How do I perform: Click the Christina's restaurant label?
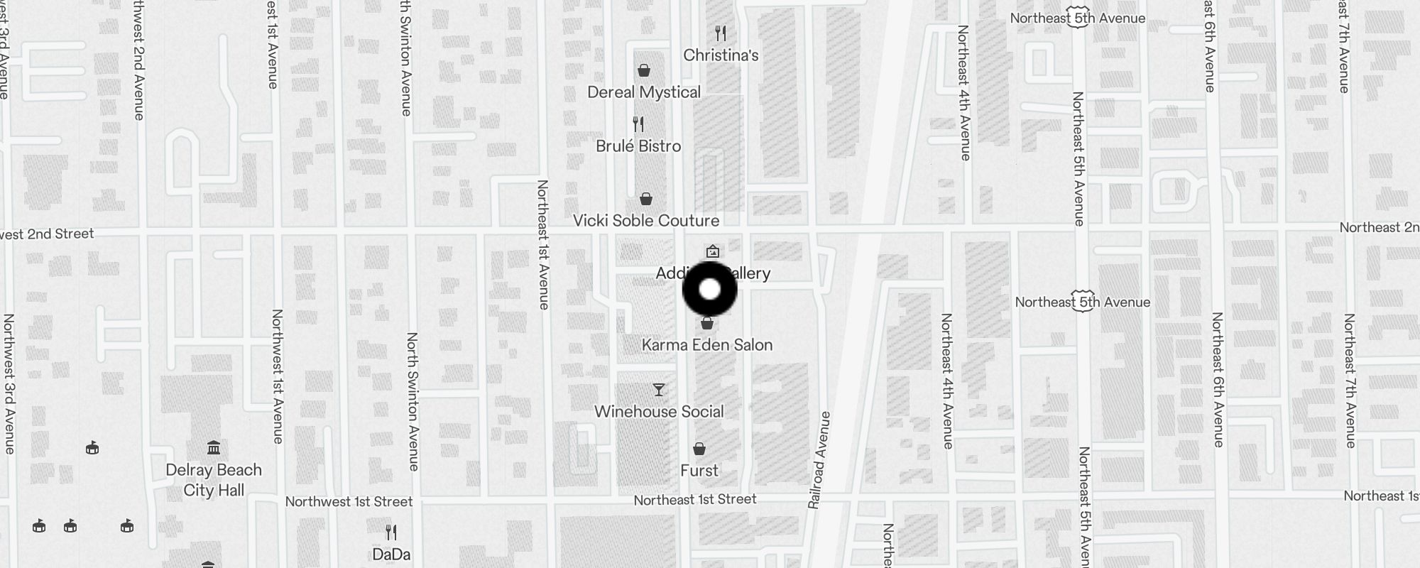pos(721,55)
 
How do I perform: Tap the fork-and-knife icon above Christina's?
pos(721,33)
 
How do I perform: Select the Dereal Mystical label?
pos(644,92)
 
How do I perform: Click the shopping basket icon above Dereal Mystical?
pos(644,70)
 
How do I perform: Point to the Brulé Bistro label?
pos(638,146)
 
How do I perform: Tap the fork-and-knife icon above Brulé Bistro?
pos(638,124)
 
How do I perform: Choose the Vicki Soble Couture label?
pos(646,221)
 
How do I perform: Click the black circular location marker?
pos(710,290)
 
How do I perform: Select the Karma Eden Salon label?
pos(707,345)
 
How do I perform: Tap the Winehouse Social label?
pos(659,412)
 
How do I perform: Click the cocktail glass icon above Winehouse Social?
pos(659,390)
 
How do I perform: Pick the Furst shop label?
pos(699,471)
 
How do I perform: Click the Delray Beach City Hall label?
pos(214,480)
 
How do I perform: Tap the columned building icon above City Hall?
pos(214,448)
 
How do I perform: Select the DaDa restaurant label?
pos(391,555)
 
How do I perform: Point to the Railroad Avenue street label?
pos(819,459)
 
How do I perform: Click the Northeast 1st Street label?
pos(695,500)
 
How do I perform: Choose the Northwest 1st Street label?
pos(349,502)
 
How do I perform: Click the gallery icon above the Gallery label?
pos(713,251)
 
